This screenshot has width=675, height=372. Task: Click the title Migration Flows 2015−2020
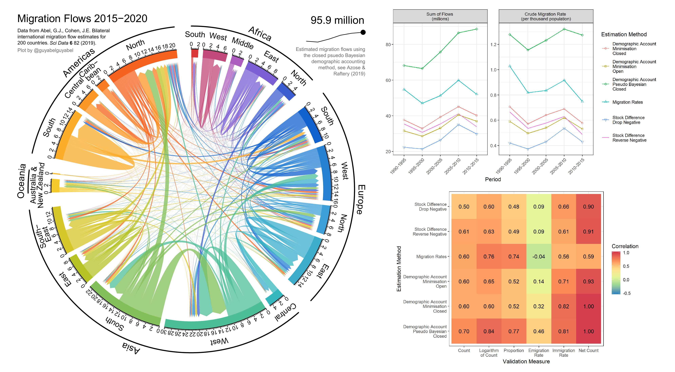tap(82, 19)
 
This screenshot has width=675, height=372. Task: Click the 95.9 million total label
tap(337, 20)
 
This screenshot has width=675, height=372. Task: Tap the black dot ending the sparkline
tap(363, 32)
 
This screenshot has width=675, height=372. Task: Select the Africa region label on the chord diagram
tap(260, 34)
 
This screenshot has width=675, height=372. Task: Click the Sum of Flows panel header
tap(440, 16)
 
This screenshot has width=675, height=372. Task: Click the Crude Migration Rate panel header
tap(546, 16)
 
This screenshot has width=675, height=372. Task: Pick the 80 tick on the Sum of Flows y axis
tap(388, 45)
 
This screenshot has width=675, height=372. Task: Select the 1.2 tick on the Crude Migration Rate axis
tap(493, 45)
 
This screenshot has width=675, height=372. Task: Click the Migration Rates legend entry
tap(627, 102)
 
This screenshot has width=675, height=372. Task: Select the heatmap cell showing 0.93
tap(588, 282)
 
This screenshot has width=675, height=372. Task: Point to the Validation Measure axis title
tap(526, 361)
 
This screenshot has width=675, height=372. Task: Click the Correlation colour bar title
tap(625, 246)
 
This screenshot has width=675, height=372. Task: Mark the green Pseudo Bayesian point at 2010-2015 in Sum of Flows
tap(477, 29)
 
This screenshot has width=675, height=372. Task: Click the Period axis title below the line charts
tap(493, 179)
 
